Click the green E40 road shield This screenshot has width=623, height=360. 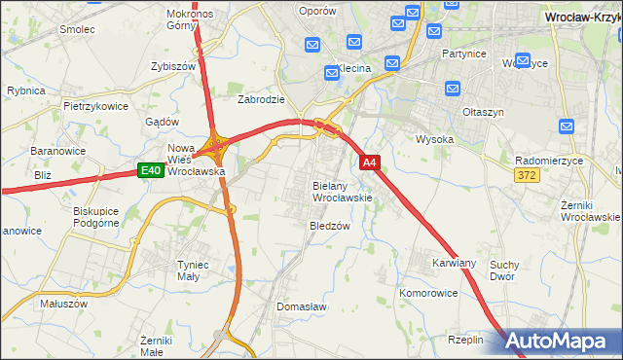click(149, 171)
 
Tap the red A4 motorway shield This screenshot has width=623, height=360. click(369, 162)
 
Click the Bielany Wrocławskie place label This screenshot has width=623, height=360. click(342, 191)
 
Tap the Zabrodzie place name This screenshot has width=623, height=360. click(261, 99)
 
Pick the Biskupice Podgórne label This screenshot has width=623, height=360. click(95, 216)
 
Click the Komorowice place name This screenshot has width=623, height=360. click(428, 292)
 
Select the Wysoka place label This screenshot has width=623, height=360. click(435, 139)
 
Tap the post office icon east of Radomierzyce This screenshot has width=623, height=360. click(568, 126)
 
